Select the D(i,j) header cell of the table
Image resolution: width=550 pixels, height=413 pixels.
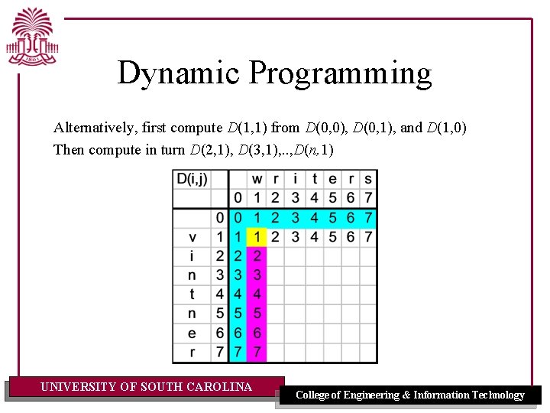[191, 179]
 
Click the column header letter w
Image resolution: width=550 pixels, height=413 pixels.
[257, 179]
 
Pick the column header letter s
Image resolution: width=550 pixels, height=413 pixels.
[368, 179]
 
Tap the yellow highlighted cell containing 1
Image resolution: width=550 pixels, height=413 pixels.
[257, 237]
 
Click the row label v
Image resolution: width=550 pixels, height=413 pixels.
[192, 237]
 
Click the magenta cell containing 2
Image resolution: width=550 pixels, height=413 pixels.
[257, 255]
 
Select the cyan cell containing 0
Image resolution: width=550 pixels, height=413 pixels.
[238, 218]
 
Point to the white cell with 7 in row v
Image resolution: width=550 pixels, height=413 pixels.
[368, 237]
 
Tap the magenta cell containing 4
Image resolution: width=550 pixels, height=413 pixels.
[257, 294]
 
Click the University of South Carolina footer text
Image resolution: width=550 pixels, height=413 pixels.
[146, 387]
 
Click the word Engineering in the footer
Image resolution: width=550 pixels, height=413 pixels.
[370, 395]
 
